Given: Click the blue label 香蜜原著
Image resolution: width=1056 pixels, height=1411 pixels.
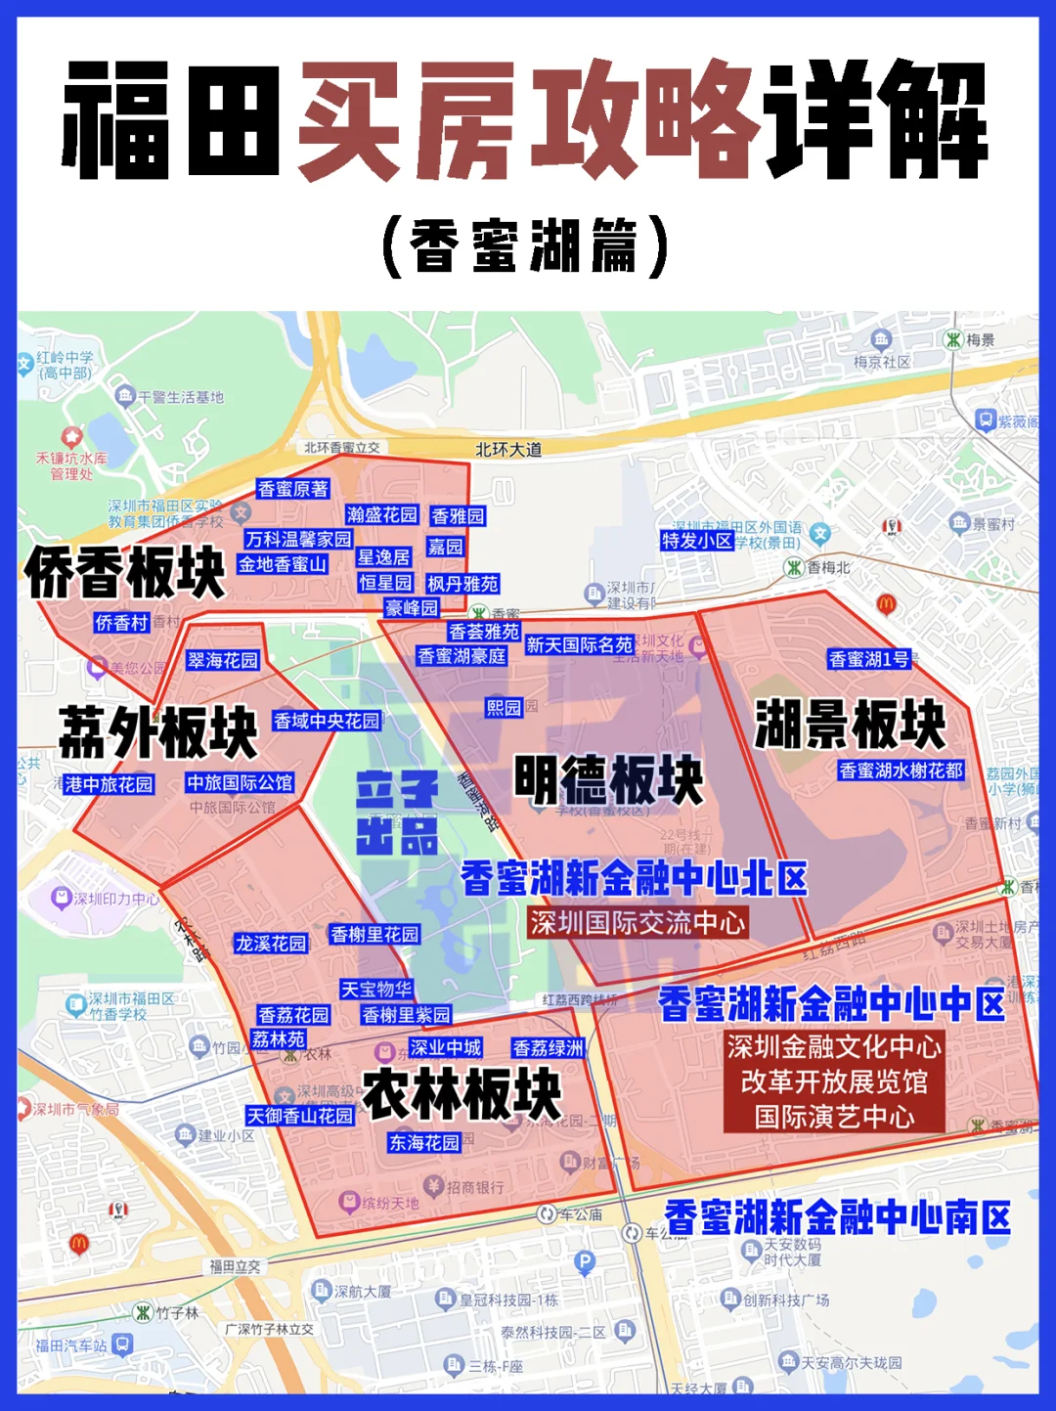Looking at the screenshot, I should [293, 489].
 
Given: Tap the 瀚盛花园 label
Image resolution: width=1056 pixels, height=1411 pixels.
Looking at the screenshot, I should [382, 515].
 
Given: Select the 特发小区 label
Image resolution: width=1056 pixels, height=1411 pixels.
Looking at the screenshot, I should [697, 541].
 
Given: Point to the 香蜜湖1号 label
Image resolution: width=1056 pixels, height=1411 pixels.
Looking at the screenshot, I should [869, 659].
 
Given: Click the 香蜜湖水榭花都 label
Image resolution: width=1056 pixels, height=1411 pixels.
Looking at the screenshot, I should [902, 771].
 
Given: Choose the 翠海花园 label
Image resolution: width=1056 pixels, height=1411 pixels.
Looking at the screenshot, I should [223, 661].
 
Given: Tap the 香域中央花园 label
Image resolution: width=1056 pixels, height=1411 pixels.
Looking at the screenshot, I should [327, 722].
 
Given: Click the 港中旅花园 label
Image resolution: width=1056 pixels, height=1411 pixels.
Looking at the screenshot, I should [109, 784].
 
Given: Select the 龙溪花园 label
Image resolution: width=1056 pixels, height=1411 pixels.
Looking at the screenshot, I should [271, 944].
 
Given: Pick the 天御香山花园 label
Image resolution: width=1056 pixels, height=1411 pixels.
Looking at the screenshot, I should [300, 1116].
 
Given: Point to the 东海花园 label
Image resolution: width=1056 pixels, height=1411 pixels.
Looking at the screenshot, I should [424, 1142].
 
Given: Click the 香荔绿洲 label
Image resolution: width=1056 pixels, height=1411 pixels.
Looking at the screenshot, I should [549, 1048].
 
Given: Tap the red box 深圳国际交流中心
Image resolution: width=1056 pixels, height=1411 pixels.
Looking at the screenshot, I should [638, 923].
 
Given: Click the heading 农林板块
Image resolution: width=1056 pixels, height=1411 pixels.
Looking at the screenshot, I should [462, 1094].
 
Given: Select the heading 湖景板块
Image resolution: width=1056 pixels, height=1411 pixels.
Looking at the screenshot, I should [850, 725].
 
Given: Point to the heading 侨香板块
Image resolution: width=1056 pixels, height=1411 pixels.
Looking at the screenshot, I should [125, 573].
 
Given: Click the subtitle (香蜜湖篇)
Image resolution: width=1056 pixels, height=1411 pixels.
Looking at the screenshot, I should [527, 245].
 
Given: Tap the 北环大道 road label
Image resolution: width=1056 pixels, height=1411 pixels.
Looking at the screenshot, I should [508, 450].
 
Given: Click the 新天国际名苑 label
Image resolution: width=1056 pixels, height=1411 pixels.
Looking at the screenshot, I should [580, 645].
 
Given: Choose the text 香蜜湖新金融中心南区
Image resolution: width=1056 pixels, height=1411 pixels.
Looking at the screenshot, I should [838, 1218].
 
